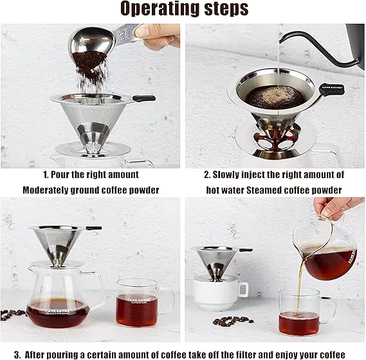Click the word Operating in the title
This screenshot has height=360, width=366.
[x=160, y=8]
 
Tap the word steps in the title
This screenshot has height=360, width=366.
[x=226, y=8]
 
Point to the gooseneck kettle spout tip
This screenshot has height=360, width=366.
[x=280, y=42]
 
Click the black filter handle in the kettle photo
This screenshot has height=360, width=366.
[x=331, y=88]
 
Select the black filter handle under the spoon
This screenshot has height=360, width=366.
[x=144, y=98]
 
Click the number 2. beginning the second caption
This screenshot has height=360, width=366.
[x=207, y=175]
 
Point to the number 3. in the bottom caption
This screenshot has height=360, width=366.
[x=17, y=355]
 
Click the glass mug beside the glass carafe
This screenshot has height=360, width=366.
[x=144, y=303]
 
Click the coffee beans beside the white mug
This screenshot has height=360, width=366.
[x=232, y=321]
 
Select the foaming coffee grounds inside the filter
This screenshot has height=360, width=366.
[x=275, y=97]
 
